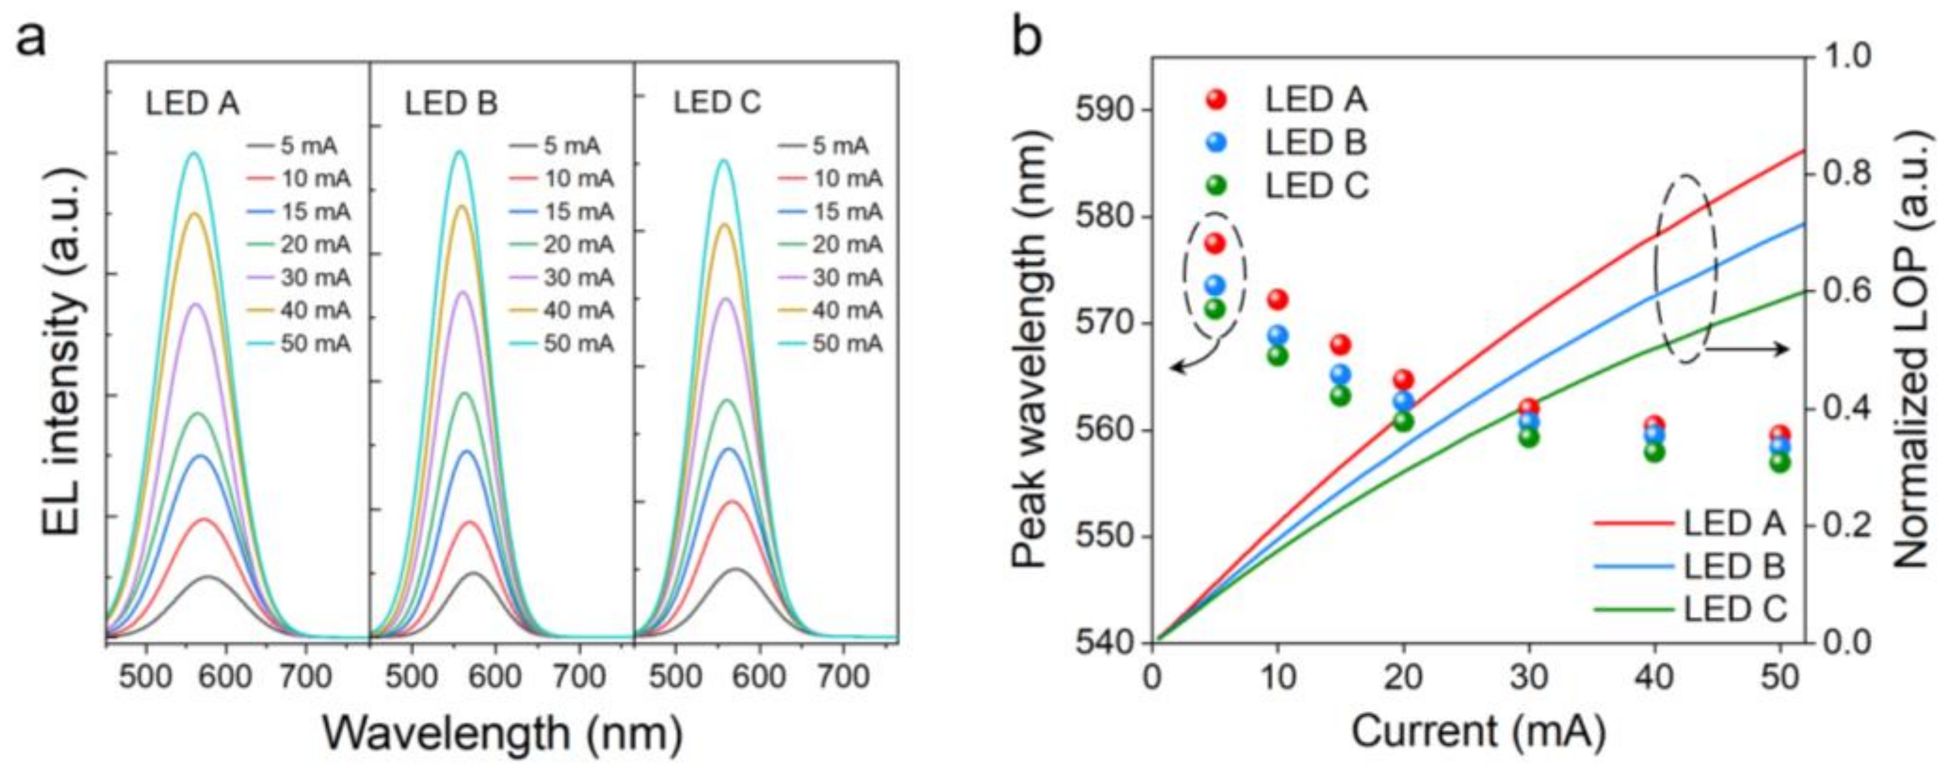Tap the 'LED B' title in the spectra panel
click(x=451, y=103)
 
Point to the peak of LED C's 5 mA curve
click(x=735, y=569)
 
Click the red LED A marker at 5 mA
click(x=1215, y=243)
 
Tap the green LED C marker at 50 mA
click(x=1781, y=461)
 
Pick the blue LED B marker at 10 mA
click(x=1278, y=335)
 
